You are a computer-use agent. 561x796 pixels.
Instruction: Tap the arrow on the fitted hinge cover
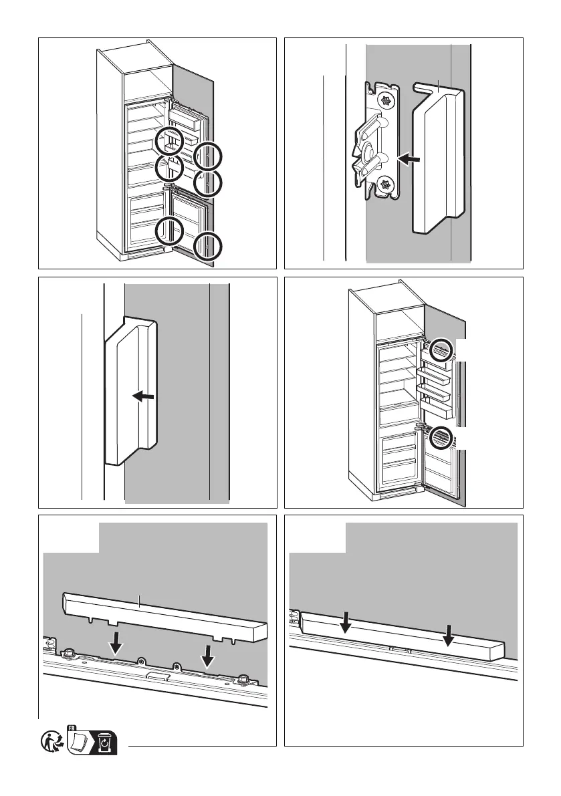click(x=144, y=397)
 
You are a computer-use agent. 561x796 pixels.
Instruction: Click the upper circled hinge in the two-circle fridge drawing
click(x=440, y=350)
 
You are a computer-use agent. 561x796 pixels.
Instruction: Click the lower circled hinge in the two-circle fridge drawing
click(x=441, y=438)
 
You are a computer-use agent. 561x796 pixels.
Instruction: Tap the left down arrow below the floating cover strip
click(x=116, y=644)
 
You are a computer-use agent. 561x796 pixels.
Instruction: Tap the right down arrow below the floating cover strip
click(x=209, y=656)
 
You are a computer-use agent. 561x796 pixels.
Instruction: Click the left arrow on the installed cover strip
click(x=345, y=621)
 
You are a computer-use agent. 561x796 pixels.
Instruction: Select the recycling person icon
click(x=52, y=743)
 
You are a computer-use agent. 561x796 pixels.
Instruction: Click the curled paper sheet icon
click(x=80, y=742)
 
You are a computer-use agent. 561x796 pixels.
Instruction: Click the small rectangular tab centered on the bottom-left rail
click(x=157, y=676)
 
